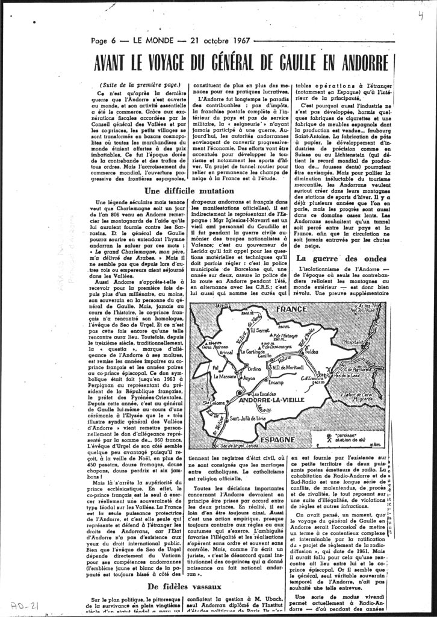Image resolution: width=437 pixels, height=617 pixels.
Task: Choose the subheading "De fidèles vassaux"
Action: (x=185, y=586)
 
